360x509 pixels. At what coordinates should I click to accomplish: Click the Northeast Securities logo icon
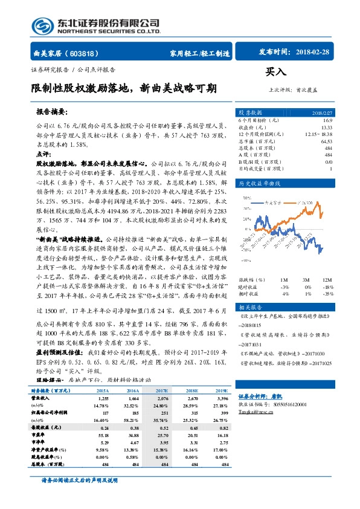43,25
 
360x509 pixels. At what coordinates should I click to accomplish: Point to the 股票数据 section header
251,112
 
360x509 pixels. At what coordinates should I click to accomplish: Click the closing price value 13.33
327,127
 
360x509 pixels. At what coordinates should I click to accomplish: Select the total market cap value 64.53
326,141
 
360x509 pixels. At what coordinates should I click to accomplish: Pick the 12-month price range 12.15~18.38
318,134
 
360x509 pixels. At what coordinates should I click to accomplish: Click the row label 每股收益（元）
47,426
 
